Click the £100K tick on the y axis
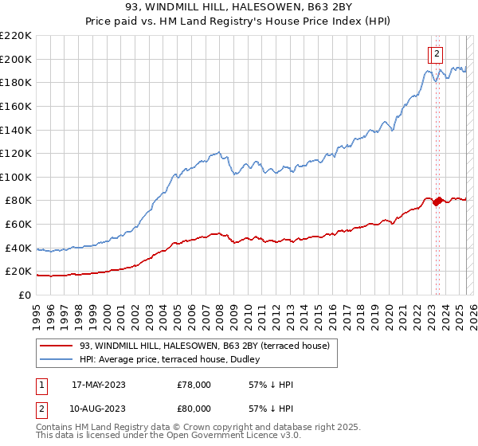coord(15,177)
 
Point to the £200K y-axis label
coord(15,59)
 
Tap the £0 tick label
coord(24,295)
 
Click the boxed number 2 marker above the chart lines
coord(437,54)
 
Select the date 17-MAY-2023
coord(98,385)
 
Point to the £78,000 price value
coord(194,385)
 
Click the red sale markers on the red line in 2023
coord(437,201)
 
